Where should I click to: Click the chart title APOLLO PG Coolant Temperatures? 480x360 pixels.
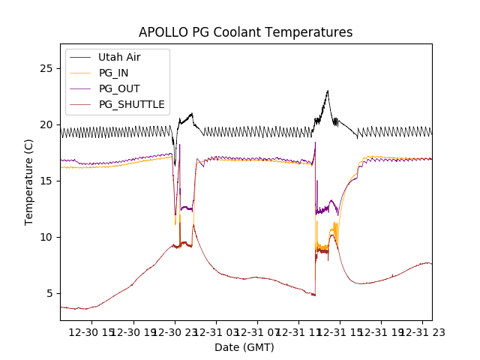click(245, 32)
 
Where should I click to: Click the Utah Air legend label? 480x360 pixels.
click(119, 57)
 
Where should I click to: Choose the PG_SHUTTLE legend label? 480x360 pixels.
click(132, 104)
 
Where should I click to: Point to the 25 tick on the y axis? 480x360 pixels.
click(48, 68)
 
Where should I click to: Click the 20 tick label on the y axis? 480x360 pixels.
click(48, 124)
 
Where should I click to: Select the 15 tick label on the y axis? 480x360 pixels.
click(48, 181)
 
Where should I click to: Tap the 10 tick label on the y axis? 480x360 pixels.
click(48, 237)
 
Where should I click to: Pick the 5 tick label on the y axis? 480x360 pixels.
click(51, 293)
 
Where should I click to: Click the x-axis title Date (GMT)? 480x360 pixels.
click(244, 347)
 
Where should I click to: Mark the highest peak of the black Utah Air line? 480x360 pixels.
click(328, 91)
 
